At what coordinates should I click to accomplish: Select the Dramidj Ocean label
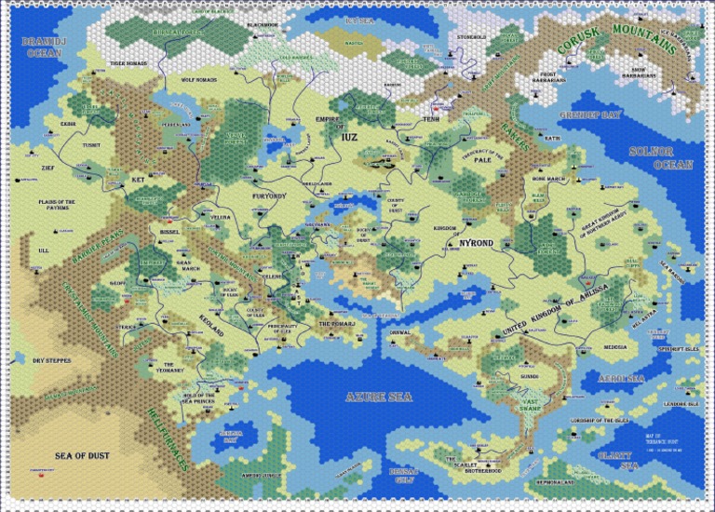41,47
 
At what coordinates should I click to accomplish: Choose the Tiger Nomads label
129,63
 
